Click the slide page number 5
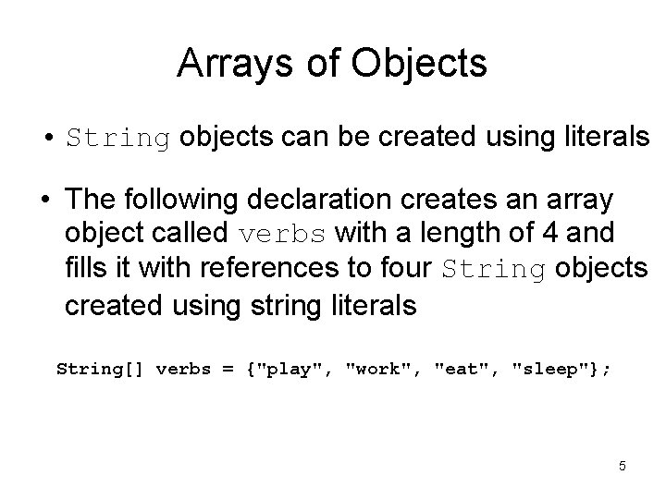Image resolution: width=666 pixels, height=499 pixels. [623, 466]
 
